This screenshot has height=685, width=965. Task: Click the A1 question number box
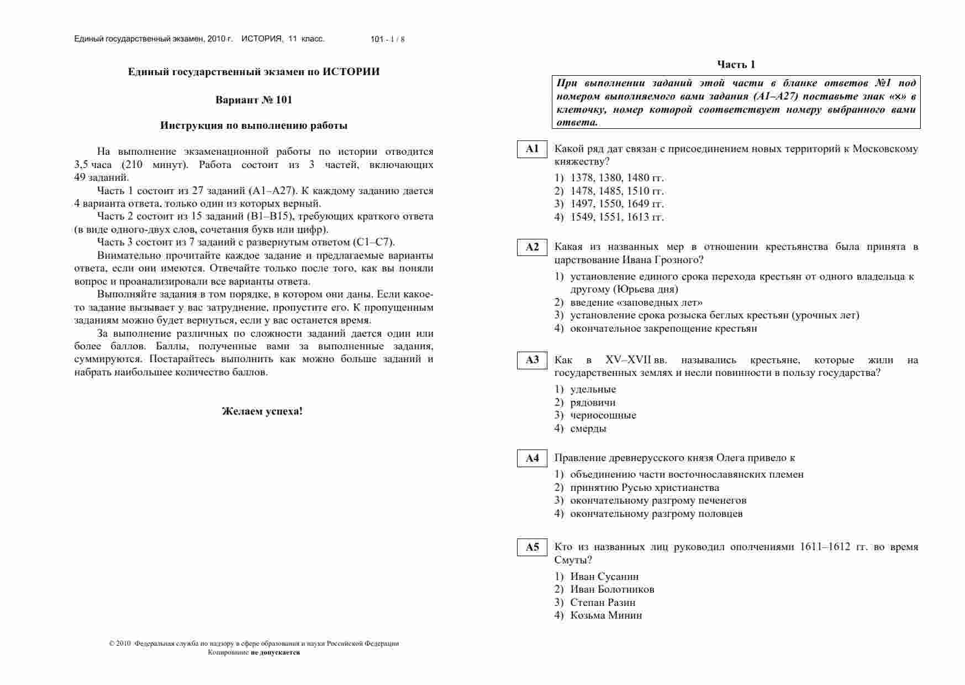click(532, 149)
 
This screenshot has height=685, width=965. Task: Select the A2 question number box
click(532, 247)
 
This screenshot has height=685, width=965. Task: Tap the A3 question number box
click(532, 360)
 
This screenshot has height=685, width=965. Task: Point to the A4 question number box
click(532, 458)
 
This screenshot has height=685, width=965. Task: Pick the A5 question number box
click(532, 547)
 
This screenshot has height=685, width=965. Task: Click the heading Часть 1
click(736, 65)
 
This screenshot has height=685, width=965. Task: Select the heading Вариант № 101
click(254, 100)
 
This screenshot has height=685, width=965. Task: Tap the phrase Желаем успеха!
click(262, 411)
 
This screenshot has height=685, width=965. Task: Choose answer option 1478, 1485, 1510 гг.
click(616, 191)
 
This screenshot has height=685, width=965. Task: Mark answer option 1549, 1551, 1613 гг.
click(616, 217)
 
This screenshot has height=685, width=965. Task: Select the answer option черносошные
click(603, 415)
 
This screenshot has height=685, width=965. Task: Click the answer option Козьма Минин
click(606, 615)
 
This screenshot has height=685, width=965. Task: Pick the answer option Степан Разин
click(603, 603)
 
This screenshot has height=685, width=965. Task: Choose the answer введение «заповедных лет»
click(636, 302)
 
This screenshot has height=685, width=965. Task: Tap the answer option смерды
click(588, 428)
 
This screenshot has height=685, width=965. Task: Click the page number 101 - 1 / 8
click(388, 39)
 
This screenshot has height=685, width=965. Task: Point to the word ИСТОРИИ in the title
click(351, 72)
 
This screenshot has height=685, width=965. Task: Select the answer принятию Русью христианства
click(644, 488)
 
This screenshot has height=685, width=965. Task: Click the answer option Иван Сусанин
click(604, 577)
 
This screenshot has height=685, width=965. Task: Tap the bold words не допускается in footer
click(275, 652)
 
